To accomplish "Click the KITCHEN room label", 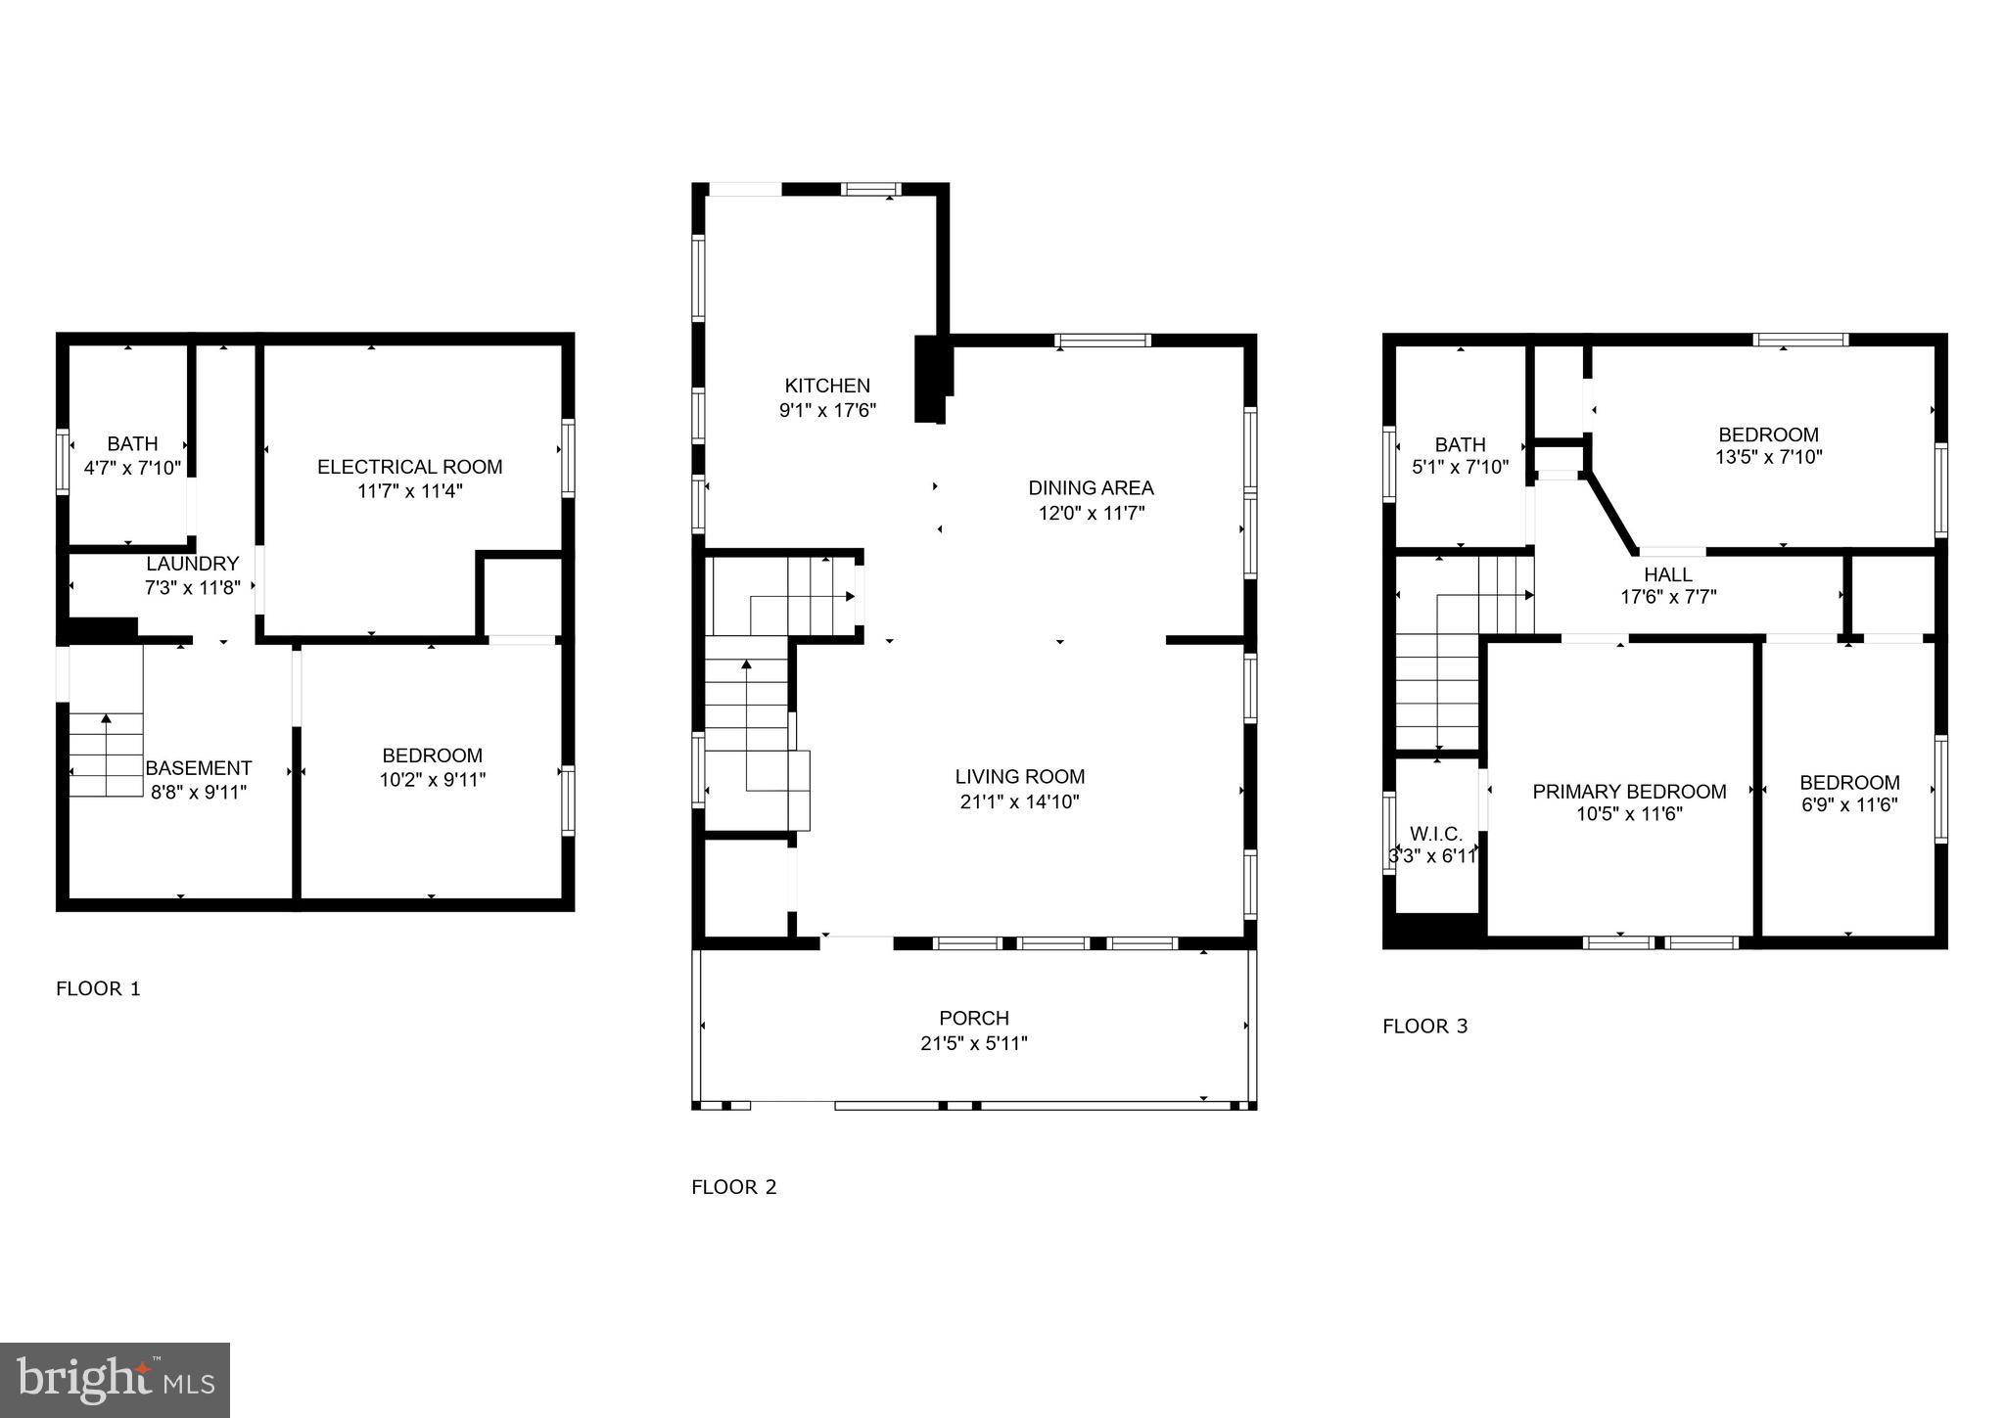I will [x=827, y=386].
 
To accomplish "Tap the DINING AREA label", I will [x=1091, y=487].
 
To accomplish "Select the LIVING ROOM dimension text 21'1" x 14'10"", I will [x=1019, y=801].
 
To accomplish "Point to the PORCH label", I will [x=973, y=1018].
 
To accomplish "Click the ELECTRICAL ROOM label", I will [x=409, y=467].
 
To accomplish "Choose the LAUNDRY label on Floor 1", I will [x=193, y=564].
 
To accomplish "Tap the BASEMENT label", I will [x=199, y=768].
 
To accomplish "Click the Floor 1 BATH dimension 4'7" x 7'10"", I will [x=132, y=468].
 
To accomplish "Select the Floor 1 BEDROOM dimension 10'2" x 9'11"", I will [x=432, y=780].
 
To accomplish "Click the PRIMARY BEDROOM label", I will [x=1629, y=791].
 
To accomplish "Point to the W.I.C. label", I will [x=1436, y=834].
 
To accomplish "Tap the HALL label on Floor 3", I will [x=1668, y=574].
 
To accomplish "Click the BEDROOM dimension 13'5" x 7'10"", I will [x=1768, y=457].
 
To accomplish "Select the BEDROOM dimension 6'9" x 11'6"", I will [x=1848, y=805].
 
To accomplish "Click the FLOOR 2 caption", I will [x=733, y=1187].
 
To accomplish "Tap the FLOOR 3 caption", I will [x=1424, y=1027].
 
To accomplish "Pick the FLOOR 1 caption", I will [x=98, y=988].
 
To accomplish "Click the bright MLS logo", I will [x=115, y=1380].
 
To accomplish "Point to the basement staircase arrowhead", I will [x=106, y=719].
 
